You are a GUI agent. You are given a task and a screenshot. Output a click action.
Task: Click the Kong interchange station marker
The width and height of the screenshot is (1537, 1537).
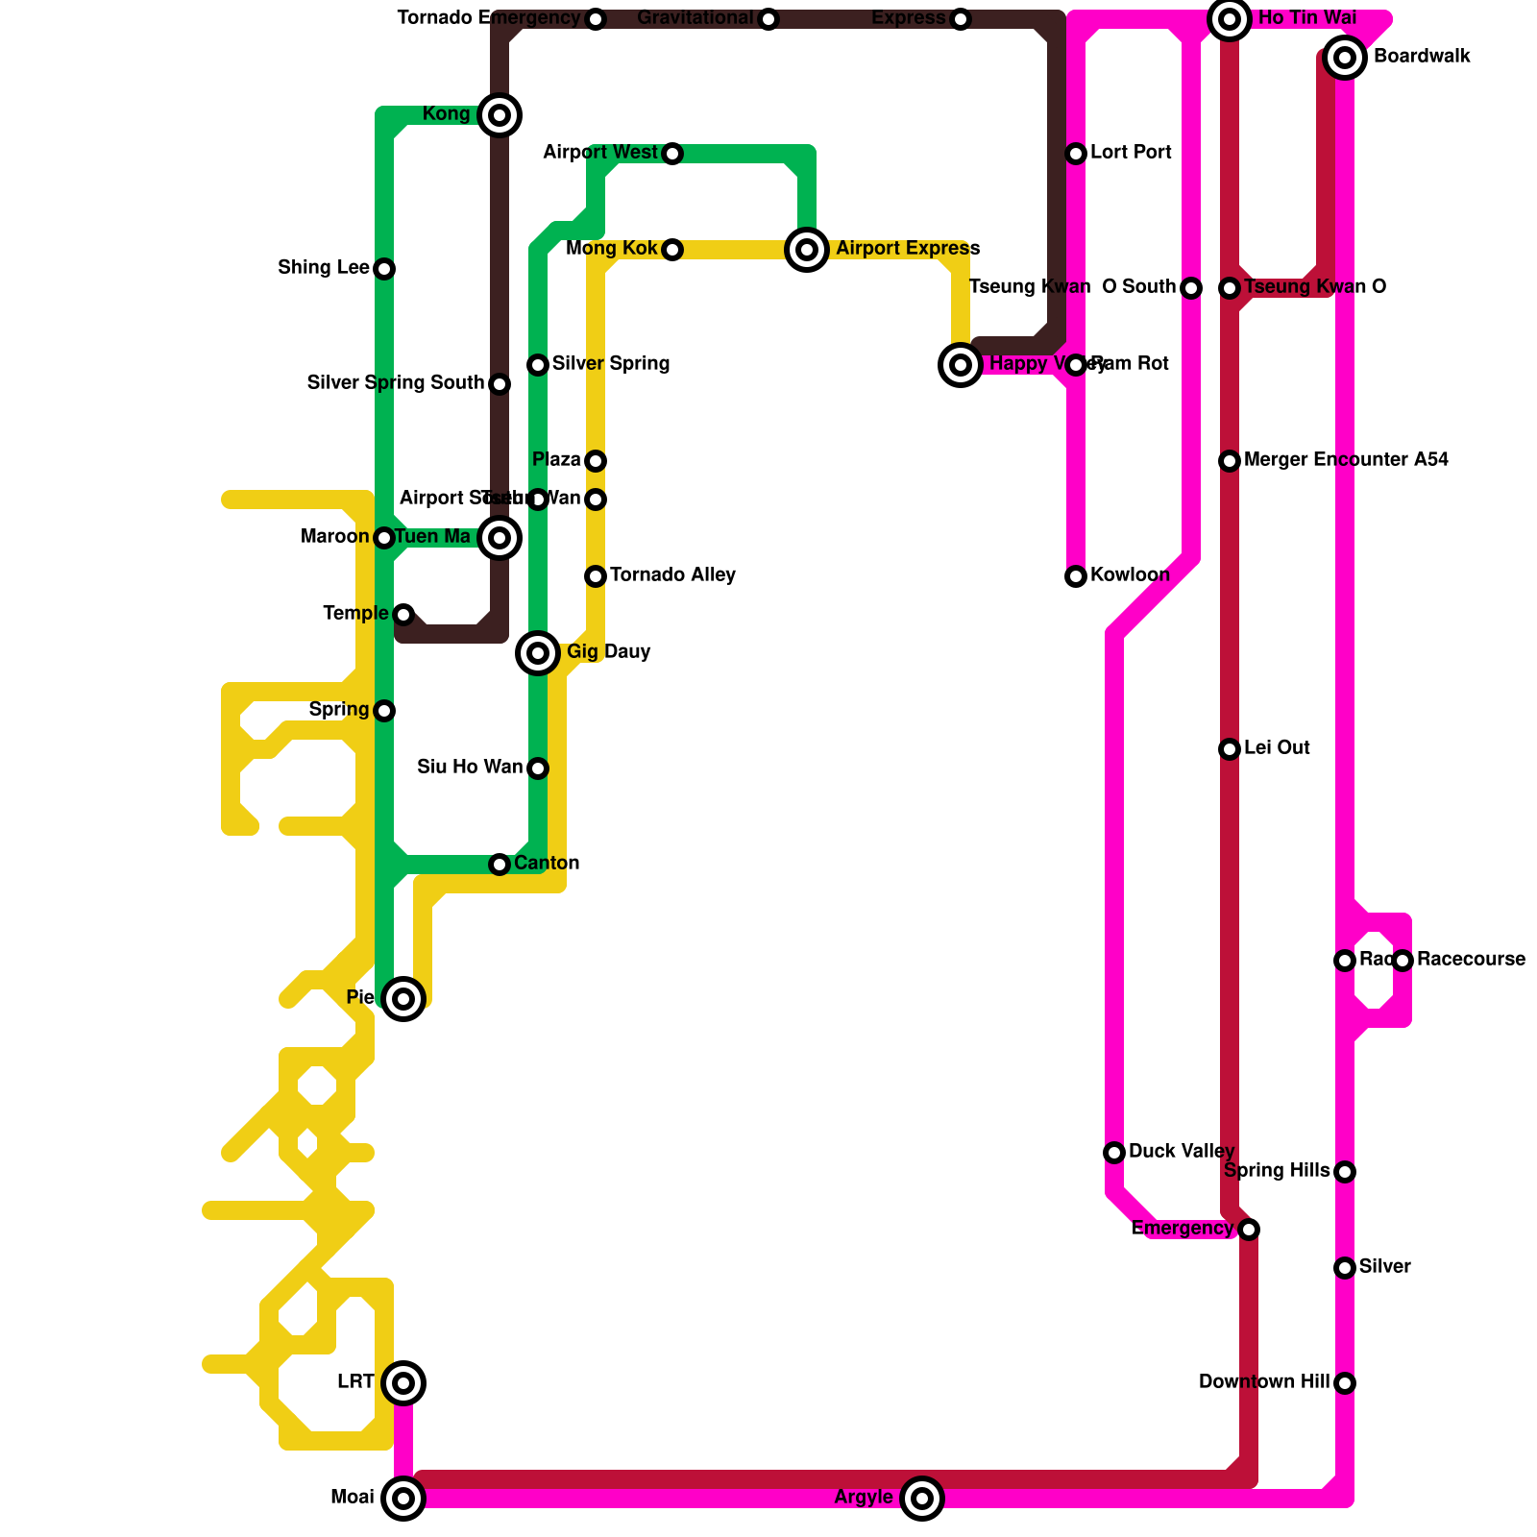point(500,115)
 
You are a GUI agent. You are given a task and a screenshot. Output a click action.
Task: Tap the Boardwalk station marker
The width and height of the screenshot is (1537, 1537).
point(1345,58)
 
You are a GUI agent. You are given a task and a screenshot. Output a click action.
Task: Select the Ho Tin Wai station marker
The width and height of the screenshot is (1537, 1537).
point(1230,19)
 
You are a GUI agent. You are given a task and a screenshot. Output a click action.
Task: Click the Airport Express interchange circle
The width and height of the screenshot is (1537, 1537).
point(807,250)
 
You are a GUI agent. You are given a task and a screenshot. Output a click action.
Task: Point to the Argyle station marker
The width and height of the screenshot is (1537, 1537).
point(922,1499)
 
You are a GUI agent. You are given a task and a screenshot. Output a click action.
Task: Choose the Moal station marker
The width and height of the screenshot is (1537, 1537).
point(403,1499)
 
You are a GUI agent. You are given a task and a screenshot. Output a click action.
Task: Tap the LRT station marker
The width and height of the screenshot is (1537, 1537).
point(403,1383)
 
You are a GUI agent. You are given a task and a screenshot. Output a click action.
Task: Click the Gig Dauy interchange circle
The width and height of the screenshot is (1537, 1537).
point(538,653)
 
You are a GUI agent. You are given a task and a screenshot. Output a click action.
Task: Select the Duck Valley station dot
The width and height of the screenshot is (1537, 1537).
point(1114,1153)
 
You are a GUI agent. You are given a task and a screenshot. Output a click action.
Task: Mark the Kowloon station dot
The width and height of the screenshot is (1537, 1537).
point(1076,576)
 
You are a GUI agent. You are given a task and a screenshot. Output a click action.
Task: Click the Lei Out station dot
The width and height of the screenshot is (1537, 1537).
point(1230,749)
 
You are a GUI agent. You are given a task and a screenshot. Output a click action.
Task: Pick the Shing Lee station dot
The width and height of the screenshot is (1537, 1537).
point(384,269)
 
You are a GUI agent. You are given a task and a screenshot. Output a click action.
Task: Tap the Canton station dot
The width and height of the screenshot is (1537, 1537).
point(500,865)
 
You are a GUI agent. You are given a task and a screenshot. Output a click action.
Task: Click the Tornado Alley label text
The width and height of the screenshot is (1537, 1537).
point(672,575)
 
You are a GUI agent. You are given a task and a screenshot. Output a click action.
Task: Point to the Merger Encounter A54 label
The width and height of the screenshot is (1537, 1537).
point(1346,460)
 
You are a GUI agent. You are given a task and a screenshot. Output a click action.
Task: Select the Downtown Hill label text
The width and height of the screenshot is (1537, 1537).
point(1264,1382)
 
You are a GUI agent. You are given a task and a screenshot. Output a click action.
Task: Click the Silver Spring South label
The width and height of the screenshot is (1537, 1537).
point(396,383)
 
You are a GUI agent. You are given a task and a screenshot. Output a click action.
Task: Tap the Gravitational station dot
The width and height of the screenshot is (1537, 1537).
point(768,19)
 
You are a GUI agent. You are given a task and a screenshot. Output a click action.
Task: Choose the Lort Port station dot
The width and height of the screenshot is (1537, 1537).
point(1076,154)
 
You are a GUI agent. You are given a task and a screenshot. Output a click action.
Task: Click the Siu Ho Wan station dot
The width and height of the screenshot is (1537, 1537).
point(538,768)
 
